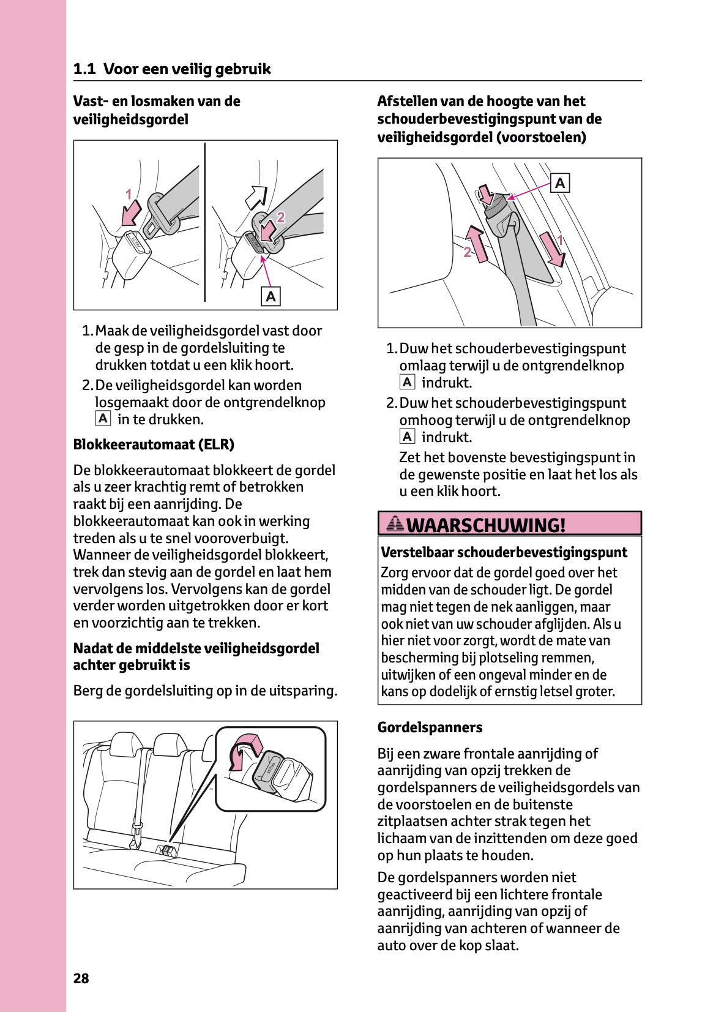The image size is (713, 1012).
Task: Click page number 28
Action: tap(81, 978)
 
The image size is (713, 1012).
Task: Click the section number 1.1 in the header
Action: tap(84, 69)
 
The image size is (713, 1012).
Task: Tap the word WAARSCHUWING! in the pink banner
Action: tap(485, 525)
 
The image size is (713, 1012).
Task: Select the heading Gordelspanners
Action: tap(430, 727)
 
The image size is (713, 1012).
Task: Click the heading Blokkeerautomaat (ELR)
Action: tap(154, 444)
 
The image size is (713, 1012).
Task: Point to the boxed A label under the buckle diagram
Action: tap(271, 296)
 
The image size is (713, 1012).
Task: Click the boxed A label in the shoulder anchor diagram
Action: tap(560, 183)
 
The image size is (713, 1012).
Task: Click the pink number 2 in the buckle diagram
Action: tap(280, 217)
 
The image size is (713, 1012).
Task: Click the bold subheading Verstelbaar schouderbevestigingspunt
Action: tap(504, 552)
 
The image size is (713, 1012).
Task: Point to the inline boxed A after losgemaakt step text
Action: tap(103, 419)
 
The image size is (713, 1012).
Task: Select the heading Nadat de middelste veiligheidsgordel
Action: tap(196, 648)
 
